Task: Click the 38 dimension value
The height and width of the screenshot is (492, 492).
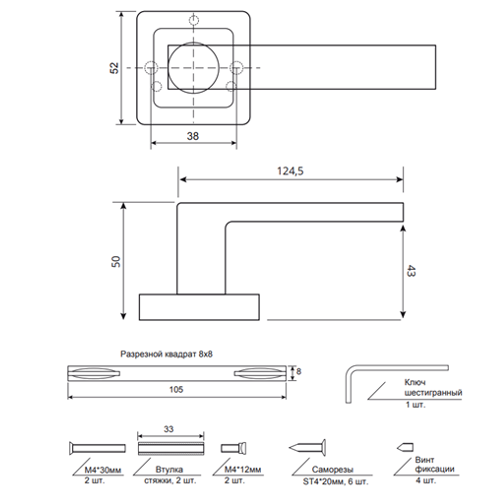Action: pyautogui.click(x=193, y=137)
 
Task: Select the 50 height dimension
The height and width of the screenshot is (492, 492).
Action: pyautogui.click(x=116, y=261)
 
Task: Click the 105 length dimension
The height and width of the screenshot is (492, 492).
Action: pyautogui.click(x=176, y=389)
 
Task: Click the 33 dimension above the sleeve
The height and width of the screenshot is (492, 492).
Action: pyautogui.click(x=169, y=429)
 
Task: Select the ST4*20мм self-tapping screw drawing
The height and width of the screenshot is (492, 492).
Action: pyautogui.click(x=308, y=448)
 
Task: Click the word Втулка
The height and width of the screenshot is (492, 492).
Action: pyautogui.click(x=167, y=470)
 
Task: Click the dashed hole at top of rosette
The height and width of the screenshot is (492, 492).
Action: pyautogui.click(x=194, y=21)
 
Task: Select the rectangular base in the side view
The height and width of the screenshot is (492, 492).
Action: pyautogui.click(x=199, y=307)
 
